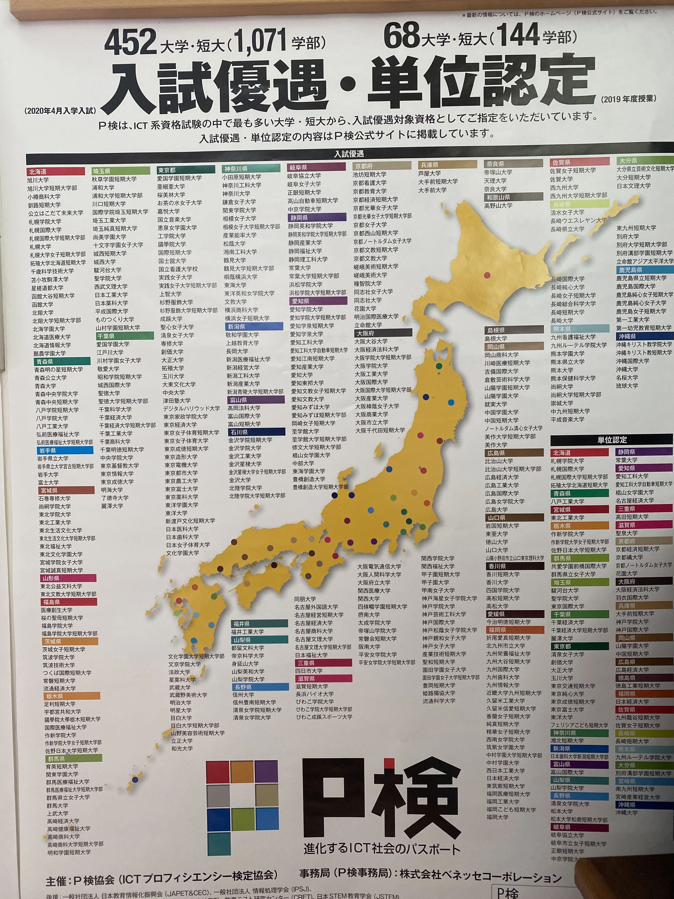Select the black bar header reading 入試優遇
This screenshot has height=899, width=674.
coord(349,154)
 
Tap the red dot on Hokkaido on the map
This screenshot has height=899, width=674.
coord(487,275)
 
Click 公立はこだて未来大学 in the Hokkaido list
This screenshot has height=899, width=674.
coord(56,213)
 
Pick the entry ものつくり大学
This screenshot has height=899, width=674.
coord(115,319)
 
